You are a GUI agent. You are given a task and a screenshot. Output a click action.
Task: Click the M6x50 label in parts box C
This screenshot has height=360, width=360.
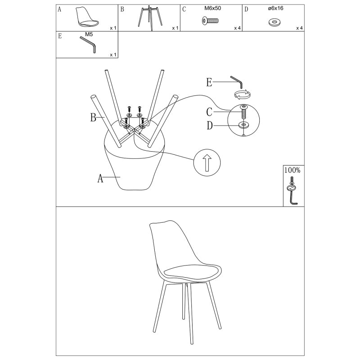212,8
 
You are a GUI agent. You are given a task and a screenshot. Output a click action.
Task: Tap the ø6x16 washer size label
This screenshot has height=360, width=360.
275,8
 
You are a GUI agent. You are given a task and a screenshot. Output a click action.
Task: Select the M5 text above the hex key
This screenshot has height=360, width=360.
89,35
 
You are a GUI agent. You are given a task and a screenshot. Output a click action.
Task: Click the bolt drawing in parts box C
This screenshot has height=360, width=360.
210,21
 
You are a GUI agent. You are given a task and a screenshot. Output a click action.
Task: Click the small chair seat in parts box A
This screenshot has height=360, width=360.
87,17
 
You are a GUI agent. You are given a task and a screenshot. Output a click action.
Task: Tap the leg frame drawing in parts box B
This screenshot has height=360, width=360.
150,18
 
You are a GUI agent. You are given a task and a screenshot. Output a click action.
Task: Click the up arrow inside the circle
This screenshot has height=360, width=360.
207,163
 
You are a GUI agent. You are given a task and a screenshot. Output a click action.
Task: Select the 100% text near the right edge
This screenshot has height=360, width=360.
292,171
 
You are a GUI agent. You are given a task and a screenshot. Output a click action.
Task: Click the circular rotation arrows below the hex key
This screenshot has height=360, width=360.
242,94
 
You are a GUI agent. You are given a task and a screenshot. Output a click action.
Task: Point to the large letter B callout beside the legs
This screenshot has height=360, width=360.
93,117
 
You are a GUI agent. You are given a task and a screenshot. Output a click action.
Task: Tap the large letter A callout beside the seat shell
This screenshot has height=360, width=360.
100,178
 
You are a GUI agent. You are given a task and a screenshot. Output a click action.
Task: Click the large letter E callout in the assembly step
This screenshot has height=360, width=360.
209,82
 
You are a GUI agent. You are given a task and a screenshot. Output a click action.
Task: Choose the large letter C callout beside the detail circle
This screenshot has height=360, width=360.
209,112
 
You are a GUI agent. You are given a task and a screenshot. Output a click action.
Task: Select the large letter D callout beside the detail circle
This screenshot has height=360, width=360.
210,126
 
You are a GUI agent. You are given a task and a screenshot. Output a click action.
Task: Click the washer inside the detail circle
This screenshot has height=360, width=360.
243,125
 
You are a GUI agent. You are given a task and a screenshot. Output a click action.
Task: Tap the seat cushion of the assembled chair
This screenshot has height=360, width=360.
192,272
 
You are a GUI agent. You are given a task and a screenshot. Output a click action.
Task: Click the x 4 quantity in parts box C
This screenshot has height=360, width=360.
237,28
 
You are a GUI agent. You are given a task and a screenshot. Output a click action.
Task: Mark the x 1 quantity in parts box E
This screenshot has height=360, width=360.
113,55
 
